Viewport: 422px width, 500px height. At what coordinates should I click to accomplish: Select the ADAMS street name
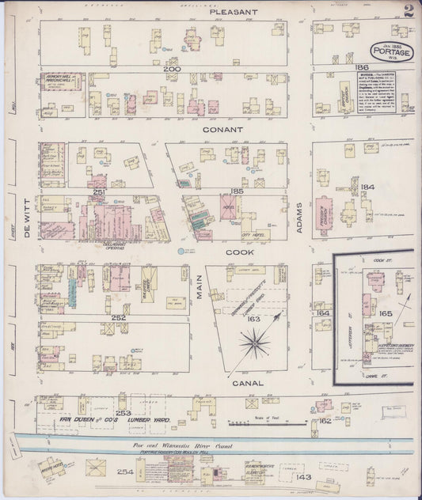[298, 225]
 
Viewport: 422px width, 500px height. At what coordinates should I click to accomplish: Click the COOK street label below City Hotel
[242, 252]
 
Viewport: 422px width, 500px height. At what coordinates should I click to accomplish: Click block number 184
[366, 187]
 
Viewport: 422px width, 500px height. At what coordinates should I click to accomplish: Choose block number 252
[120, 317]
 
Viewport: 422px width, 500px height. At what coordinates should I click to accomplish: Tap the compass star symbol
[254, 343]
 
